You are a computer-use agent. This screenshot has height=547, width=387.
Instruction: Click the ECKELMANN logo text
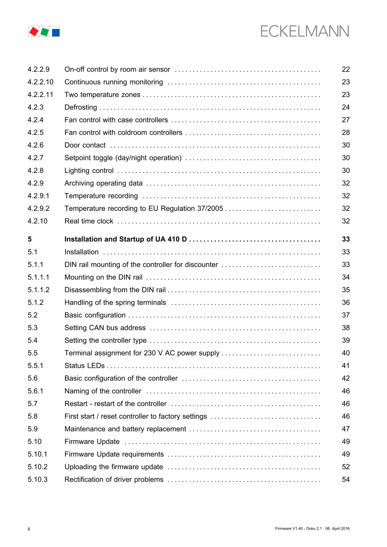pyautogui.click(x=304, y=32)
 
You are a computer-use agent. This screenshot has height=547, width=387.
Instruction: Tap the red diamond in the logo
pyautogui.click(x=33, y=32)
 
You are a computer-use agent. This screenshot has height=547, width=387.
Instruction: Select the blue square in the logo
pyautogui.click(x=56, y=32)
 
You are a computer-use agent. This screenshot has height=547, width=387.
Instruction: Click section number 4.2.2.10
pyautogui.click(x=40, y=82)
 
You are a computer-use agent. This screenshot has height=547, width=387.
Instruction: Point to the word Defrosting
pyautogui.click(x=81, y=107)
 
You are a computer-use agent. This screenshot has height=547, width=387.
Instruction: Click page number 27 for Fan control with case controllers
pyautogui.click(x=346, y=120)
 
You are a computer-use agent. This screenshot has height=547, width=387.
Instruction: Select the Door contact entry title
pyautogui.click(x=85, y=145)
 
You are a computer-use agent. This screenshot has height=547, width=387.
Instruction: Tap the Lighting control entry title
pyautogui.click(x=89, y=170)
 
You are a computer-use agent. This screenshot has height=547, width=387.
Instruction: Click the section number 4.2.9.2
pyautogui.click(x=38, y=208)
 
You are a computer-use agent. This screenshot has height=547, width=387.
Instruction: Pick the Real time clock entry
pyautogui.click(x=89, y=221)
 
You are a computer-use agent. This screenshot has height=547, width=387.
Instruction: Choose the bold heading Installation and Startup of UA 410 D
pyautogui.click(x=125, y=239)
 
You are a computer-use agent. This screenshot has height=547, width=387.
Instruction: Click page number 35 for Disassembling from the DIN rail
pyautogui.click(x=346, y=290)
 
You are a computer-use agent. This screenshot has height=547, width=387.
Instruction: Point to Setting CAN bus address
pyautogui.click(x=105, y=328)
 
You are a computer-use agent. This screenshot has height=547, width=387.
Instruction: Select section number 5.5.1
pyautogui.click(x=35, y=366)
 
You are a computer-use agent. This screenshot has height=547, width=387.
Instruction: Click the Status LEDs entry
pyautogui.click(x=85, y=366)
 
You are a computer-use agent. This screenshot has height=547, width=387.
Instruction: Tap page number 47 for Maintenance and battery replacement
pyautogui.click(x=346, y=429)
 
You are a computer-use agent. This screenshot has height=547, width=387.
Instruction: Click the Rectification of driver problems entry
pyautogui.click(x=114, y=479)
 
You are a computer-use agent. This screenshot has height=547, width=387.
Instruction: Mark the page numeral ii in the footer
pyautogui.click(x=28, y=528)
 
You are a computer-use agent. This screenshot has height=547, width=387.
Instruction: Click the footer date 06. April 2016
pyautogui.click(x=337, y=528)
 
